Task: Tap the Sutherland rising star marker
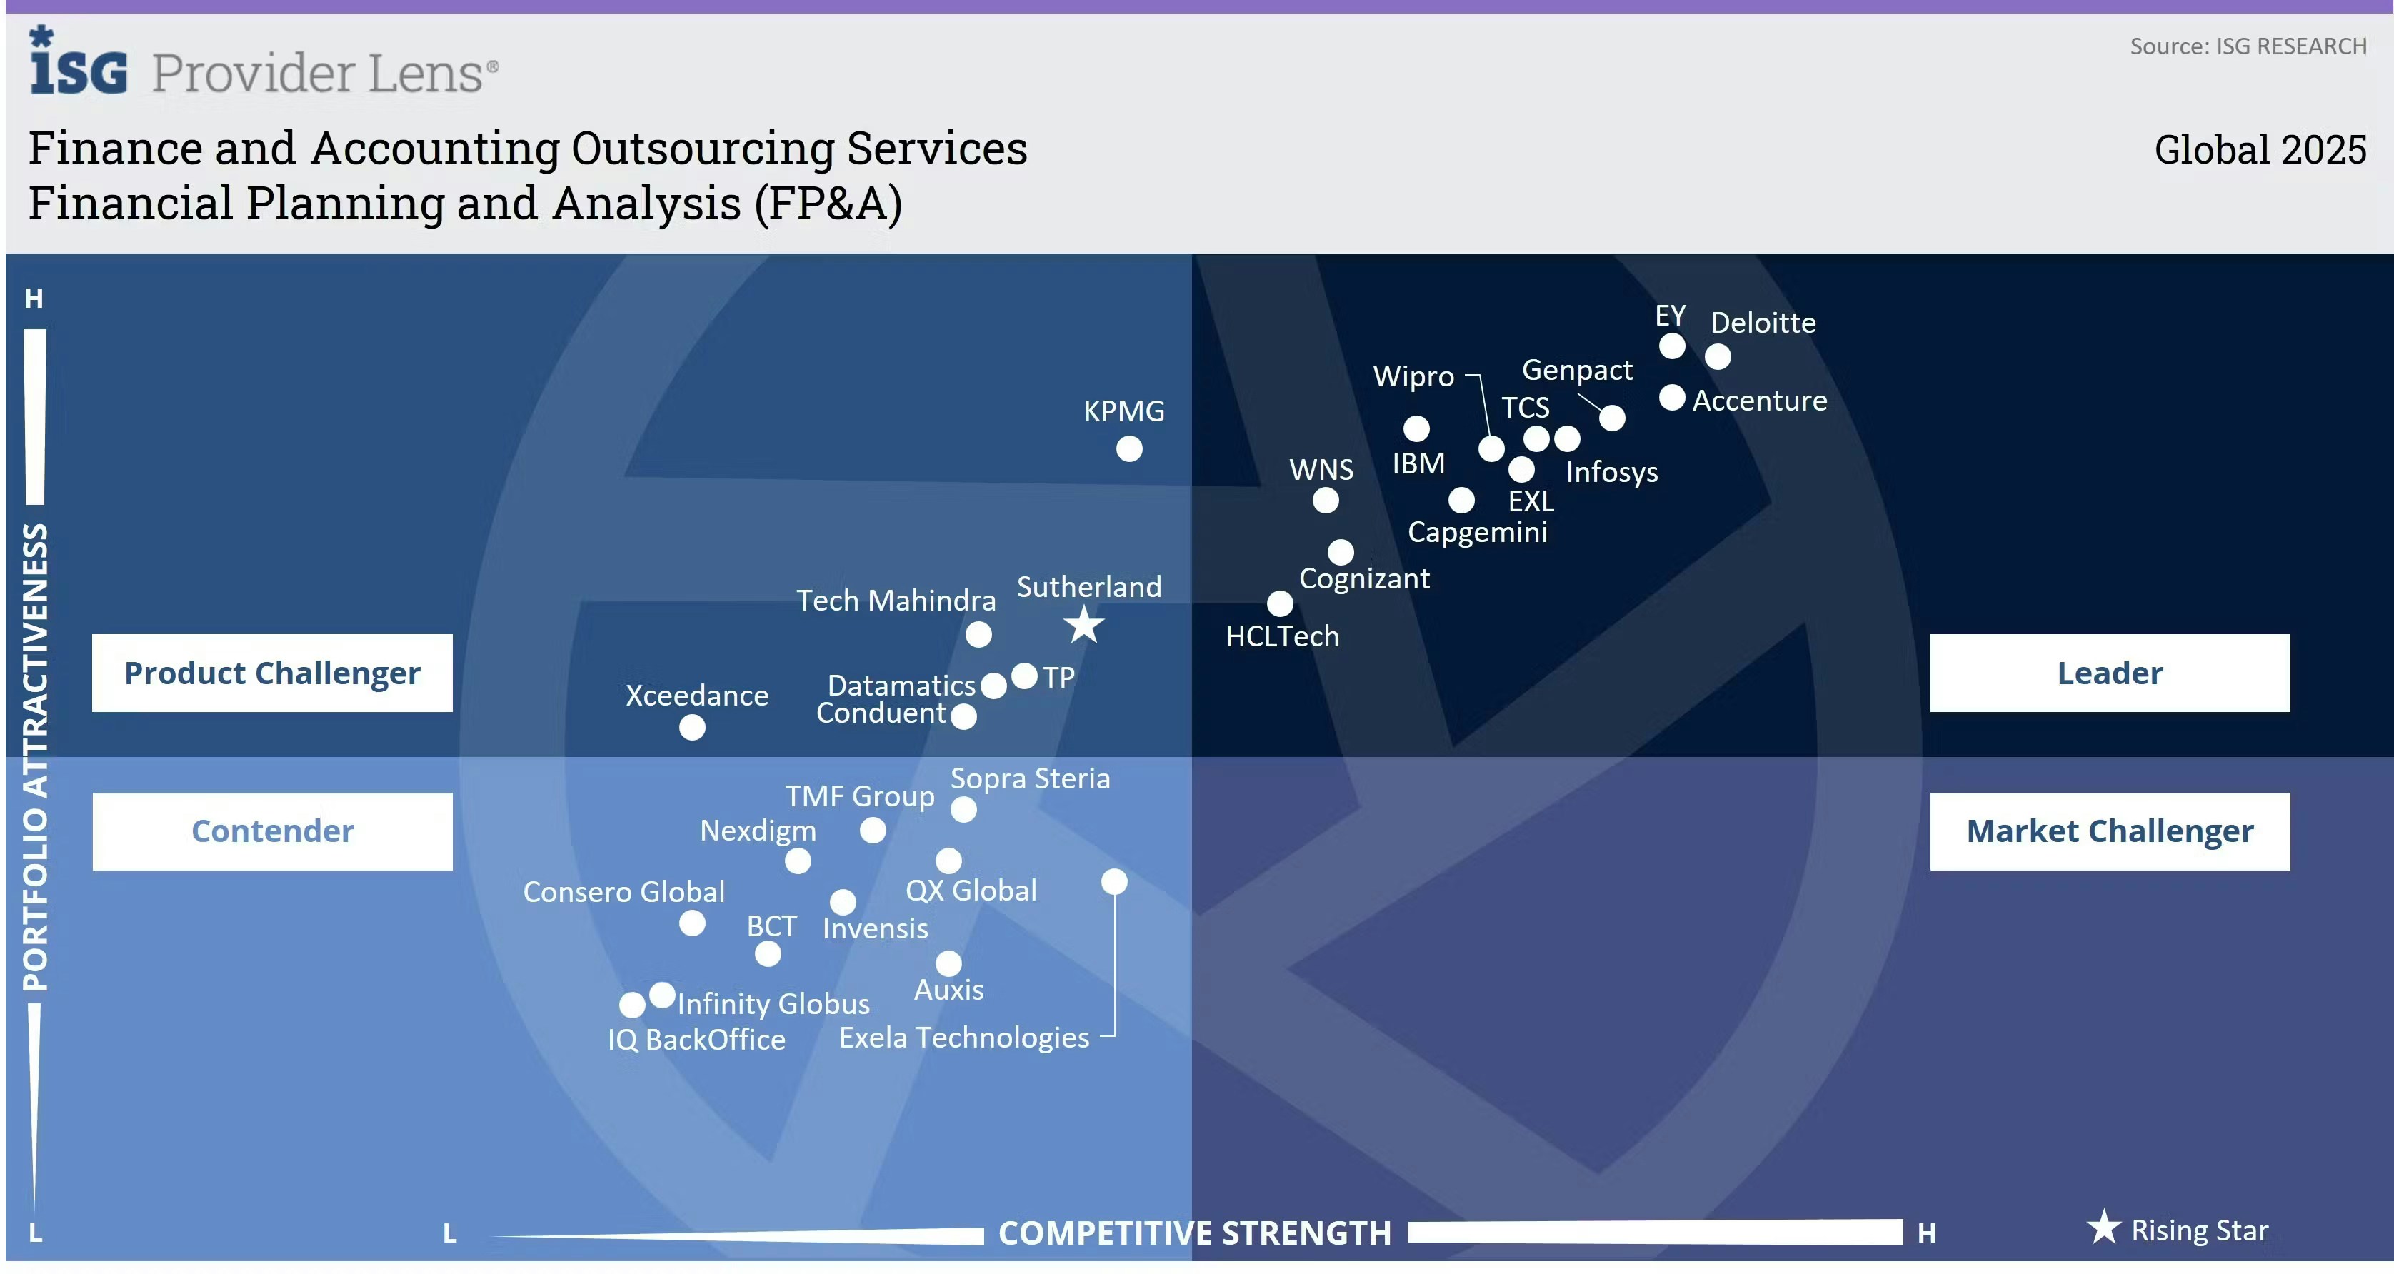[1083, 626]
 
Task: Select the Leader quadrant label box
[2110, 673]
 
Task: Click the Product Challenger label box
[272, 673]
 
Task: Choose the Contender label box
[272, 831]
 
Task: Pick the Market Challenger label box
[2110, 831]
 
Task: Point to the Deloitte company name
[1763, 323]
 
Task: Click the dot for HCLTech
[1280, 604]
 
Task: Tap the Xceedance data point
[692, 728]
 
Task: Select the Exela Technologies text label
[963, 1037]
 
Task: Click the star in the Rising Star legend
[2104, 1228]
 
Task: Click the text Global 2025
[2260, 149]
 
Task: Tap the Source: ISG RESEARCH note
[2248, 46]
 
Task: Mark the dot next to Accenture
[1672, 398]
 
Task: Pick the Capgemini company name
[1478, 533]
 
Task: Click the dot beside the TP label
[1024, 676]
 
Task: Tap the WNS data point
[1326, 501]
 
